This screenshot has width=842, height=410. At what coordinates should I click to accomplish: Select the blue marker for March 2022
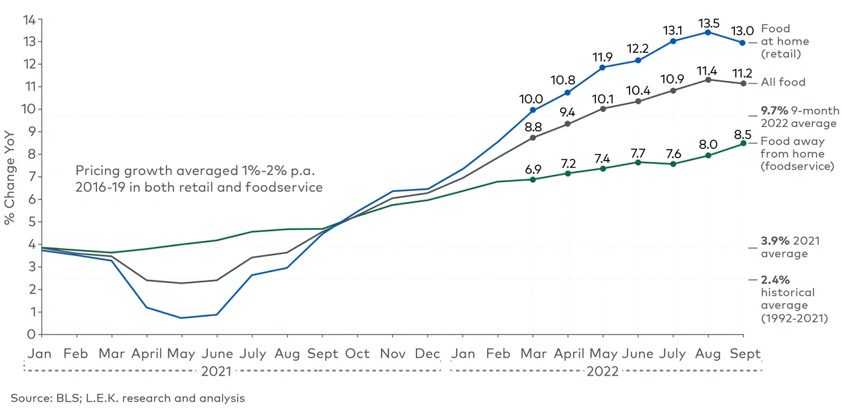tap(532, 110)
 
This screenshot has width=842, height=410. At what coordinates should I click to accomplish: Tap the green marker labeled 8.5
tap(743, 143)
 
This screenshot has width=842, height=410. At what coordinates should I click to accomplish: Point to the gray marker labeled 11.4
tap(708, 80)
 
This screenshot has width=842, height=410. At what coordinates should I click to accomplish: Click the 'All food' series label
tap(783, 82)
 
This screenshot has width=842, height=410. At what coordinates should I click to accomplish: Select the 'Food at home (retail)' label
tap(780, 41)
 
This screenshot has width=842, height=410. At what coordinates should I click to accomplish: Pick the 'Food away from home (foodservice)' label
tap(791, 154)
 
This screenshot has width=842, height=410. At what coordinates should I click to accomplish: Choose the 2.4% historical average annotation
tap(793, 299)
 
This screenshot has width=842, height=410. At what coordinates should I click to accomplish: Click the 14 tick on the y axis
tap(28, 19)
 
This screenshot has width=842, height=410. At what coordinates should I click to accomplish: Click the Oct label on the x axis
tap(357, 354)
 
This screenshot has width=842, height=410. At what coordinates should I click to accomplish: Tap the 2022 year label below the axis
tap(602, 371)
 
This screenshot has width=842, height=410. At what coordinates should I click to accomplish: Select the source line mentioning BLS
tap(128, 398)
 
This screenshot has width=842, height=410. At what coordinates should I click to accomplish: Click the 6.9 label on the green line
tap(532, 167)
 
